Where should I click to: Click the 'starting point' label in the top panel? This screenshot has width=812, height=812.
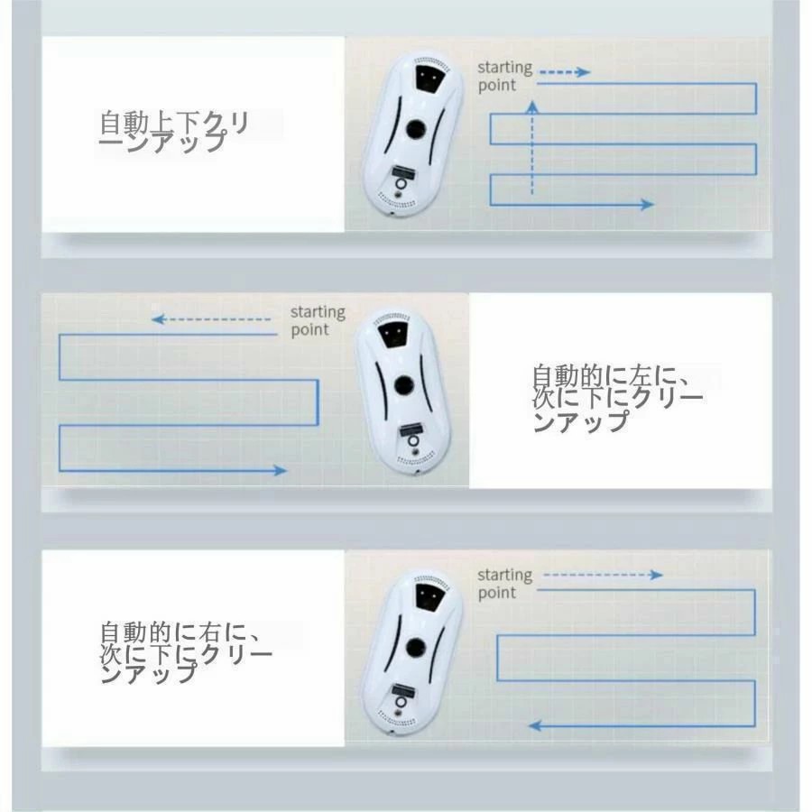tap(497, 76)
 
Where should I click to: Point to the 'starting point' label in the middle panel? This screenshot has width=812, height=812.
tap(318, 320)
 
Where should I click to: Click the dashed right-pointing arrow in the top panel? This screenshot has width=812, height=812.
tap(565, 72)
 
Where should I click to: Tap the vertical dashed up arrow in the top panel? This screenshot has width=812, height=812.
tap(531, 148)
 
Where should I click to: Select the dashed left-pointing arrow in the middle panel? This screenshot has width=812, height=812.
tap(211, 319)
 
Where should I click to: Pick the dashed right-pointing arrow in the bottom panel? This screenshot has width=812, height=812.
tap(604, 575)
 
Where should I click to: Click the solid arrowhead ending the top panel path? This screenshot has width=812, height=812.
tap(647, 204)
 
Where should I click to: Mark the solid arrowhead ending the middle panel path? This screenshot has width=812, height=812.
tap(281, 470)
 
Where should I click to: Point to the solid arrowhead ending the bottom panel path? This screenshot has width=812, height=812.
tap(534, 726)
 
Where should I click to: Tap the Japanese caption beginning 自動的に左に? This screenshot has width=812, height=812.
tap(618, 398)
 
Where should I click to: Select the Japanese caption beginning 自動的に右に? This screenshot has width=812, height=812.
tap(186, 652)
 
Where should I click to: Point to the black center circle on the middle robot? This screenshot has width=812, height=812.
tap(403, 384)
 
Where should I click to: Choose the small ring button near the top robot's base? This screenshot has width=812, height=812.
tap(401, 184)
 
